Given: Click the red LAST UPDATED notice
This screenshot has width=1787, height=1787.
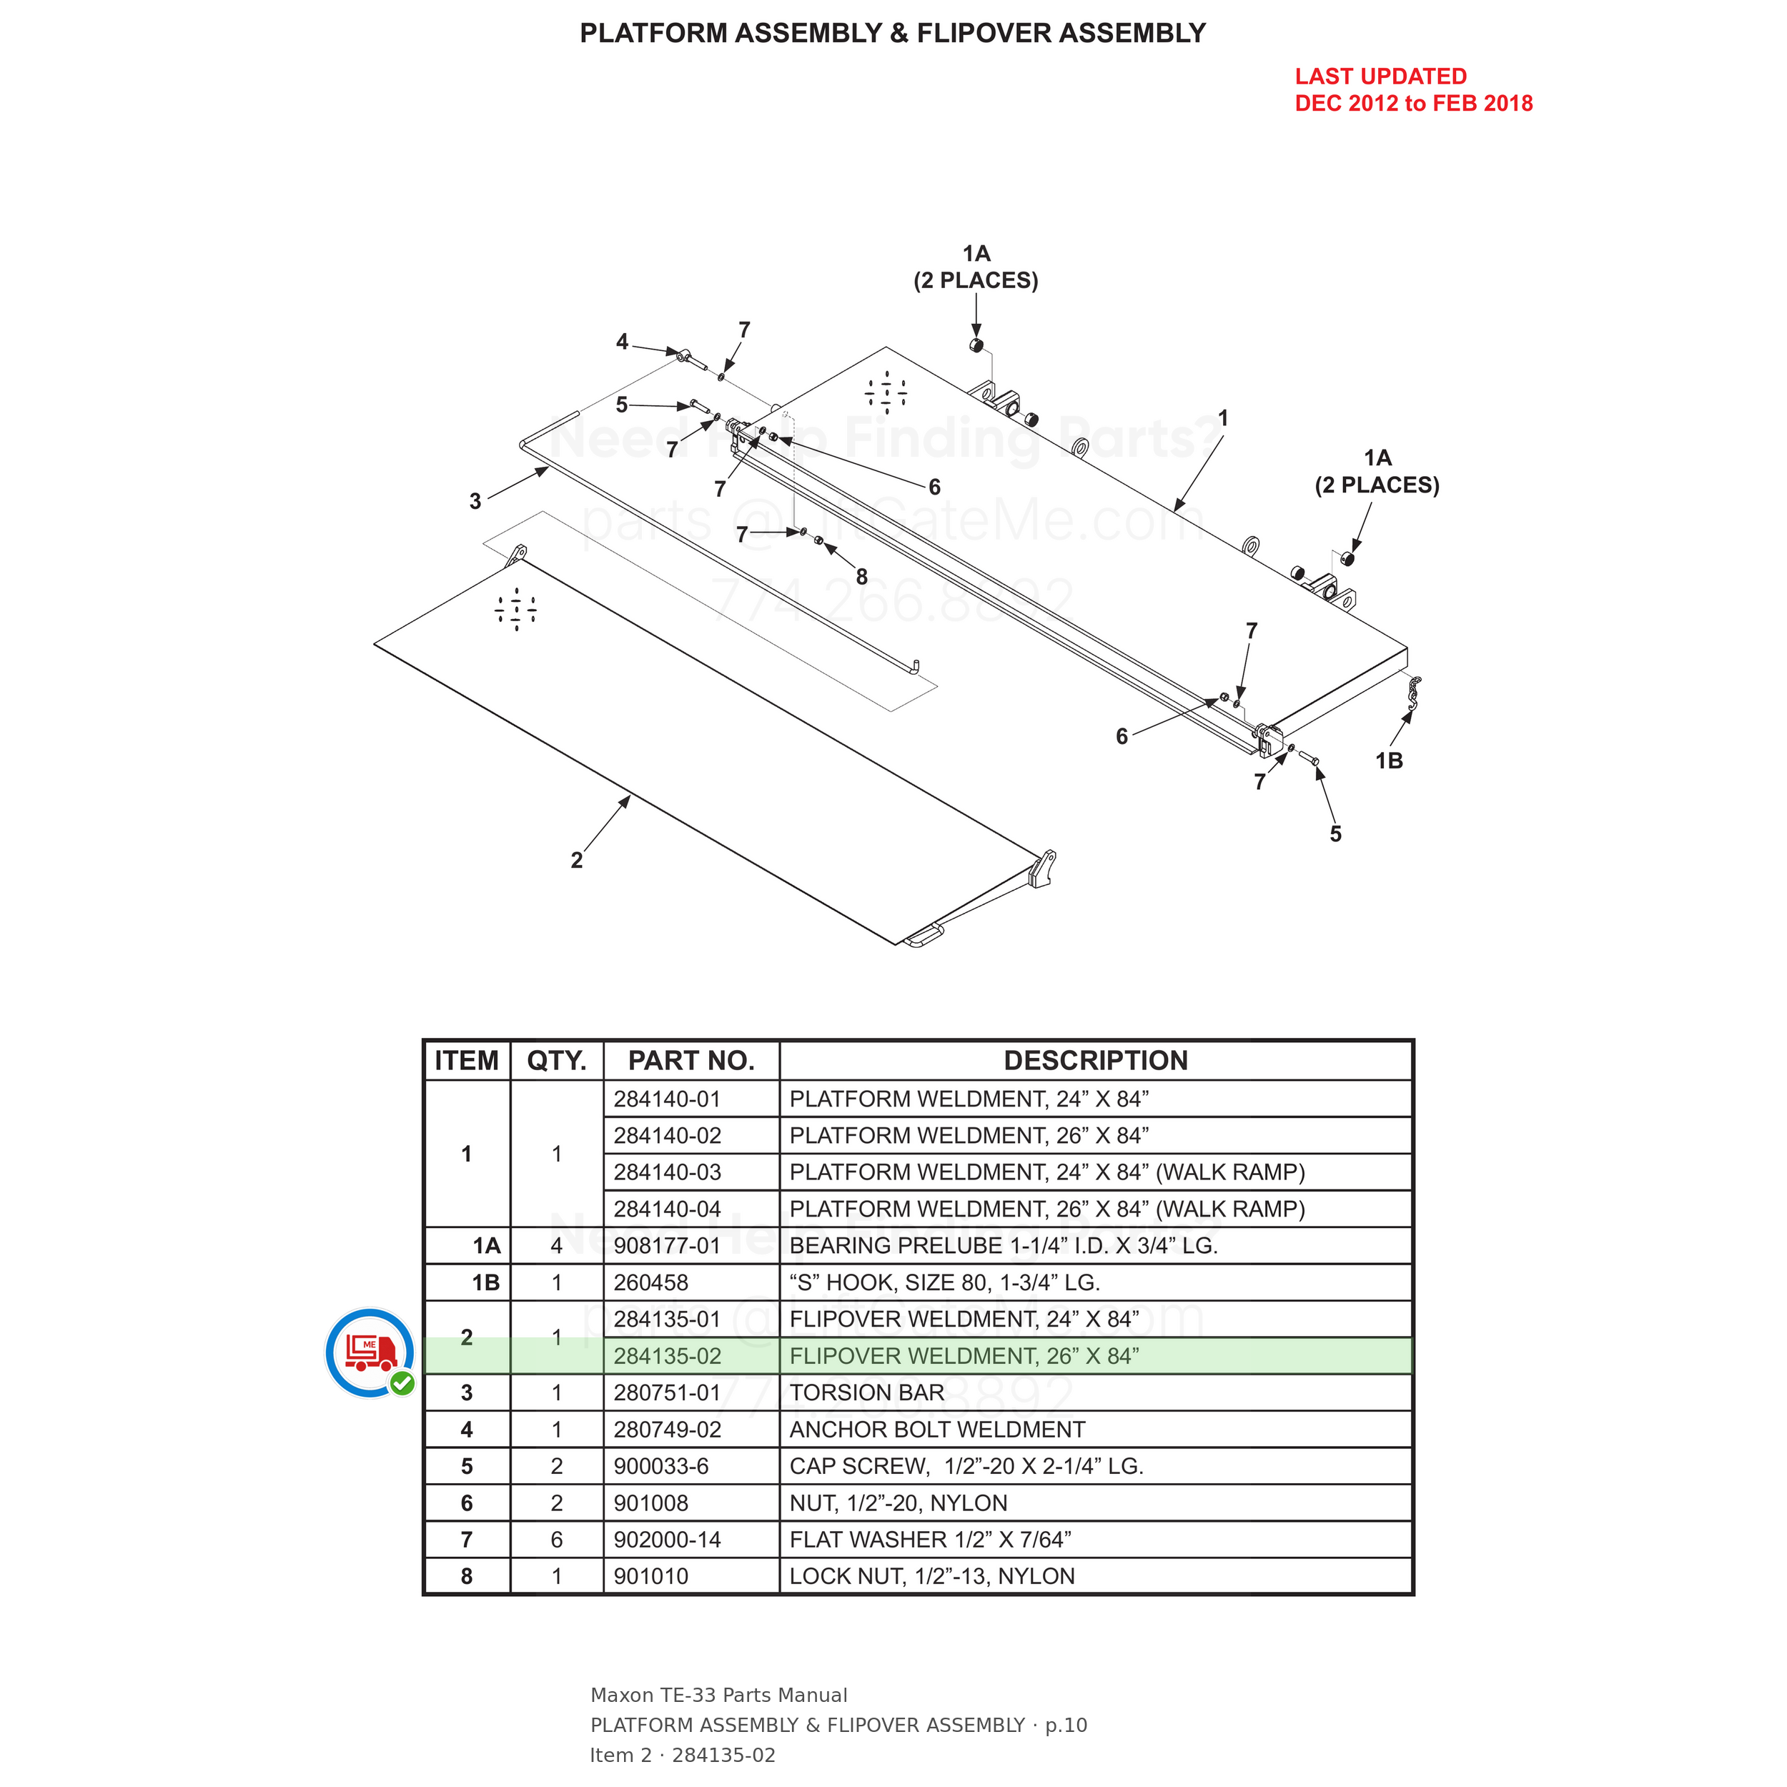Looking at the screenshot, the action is click(x=1413, y=90).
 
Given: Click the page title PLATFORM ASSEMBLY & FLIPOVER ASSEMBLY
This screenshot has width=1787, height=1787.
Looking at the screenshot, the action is click(x=893, y=34).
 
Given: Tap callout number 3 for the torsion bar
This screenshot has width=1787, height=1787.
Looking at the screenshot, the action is click(x=475, y=501).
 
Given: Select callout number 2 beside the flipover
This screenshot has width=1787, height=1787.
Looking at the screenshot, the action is click(x=576, y=860).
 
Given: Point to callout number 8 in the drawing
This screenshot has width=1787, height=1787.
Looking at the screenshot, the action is click(x=861, y=577).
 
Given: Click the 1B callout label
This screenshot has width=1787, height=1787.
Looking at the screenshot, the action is click(x=1388, y=761).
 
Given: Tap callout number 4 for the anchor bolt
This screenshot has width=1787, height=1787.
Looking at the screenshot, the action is click(x=623, y=342).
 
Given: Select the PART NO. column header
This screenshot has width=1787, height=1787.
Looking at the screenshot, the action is click(x=691, y=1060).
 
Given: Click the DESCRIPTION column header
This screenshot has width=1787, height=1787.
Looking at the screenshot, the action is click(x=1096, y=1060).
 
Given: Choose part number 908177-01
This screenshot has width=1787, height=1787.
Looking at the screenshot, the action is click(x=667, y=1245).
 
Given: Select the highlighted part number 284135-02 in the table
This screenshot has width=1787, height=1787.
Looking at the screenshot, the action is click(x=667, y=1356).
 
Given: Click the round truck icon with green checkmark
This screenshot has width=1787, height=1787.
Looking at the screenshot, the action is click(x=370, y=1352).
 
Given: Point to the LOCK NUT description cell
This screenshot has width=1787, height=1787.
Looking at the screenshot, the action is click(x=932, y=1576).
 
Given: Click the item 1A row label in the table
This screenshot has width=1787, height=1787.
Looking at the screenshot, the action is click(x=487, y=1246).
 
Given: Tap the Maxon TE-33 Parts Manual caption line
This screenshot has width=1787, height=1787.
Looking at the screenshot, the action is click(x=718, y=1696).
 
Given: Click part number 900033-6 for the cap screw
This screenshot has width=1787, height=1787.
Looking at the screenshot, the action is click(x=661, y=1466).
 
